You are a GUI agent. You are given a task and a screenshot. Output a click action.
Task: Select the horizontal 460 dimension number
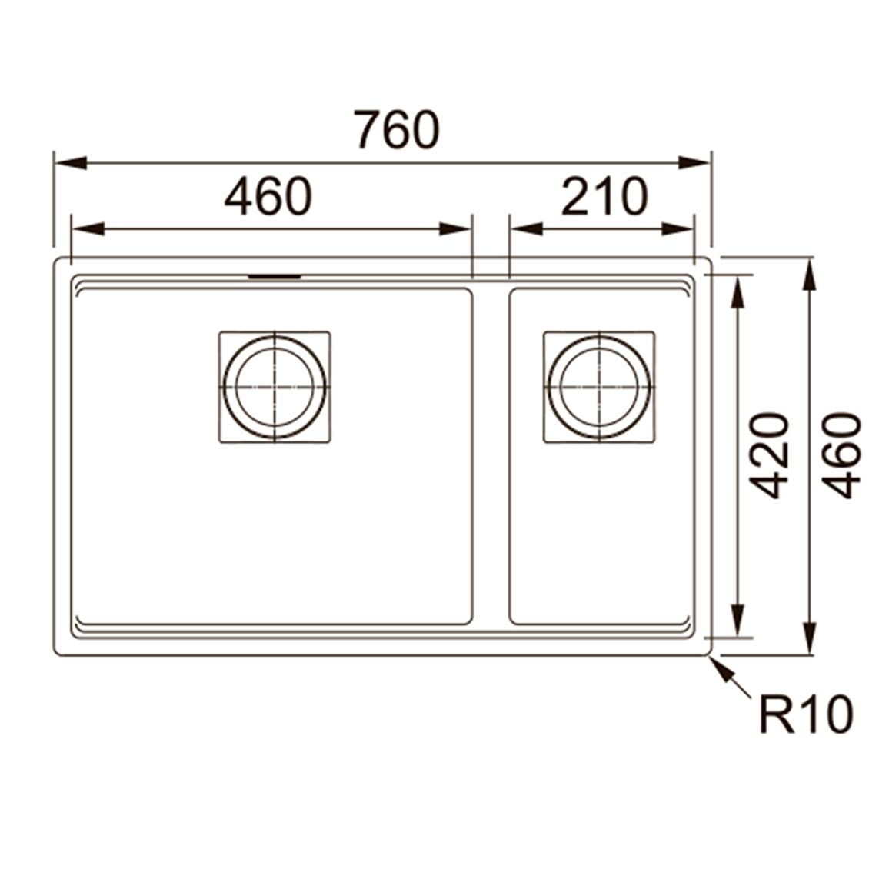coord(268,196)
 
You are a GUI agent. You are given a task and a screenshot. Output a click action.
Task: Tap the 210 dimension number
coord(604,196)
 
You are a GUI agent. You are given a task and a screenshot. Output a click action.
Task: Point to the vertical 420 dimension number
coord(769,456)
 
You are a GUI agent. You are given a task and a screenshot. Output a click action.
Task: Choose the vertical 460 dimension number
coord(841,456)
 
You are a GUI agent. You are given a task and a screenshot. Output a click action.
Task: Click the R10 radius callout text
coord(806,715)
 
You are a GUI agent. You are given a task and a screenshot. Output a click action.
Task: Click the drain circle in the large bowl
coord(275,388)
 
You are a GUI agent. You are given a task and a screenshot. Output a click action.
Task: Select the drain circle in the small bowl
coord(599,388)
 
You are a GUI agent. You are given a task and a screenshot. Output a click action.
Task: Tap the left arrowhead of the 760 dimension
coord(71,163)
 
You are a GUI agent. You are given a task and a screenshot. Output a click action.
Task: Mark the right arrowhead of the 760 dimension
coord(694,163)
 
